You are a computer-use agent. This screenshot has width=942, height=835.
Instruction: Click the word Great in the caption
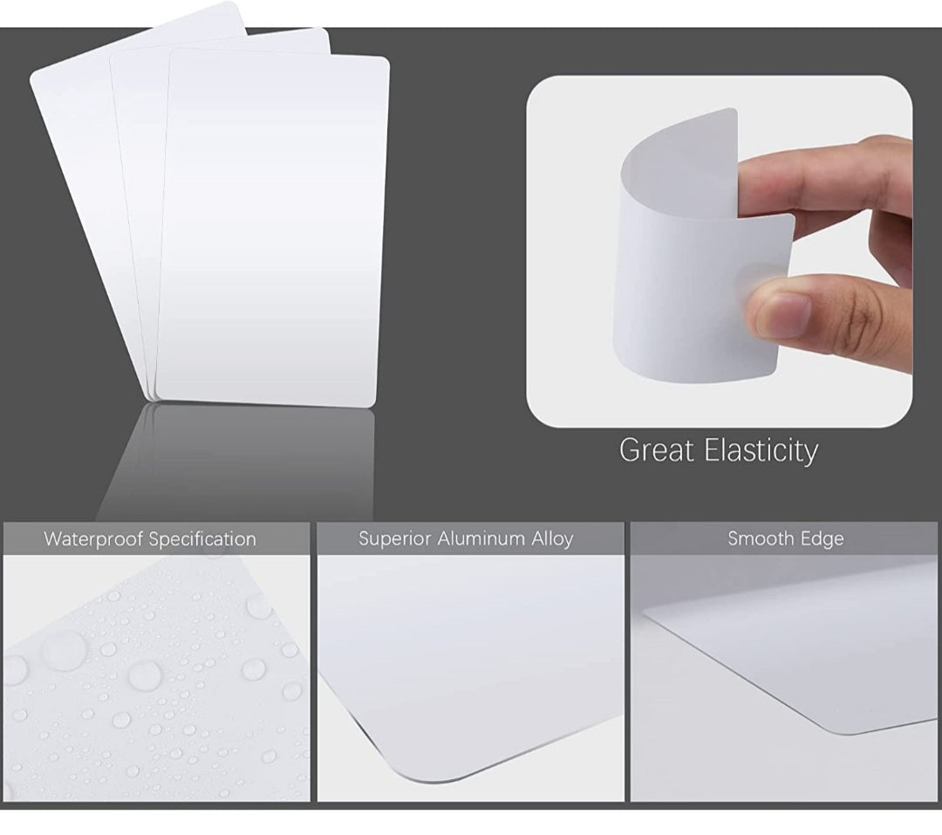pos(653,450)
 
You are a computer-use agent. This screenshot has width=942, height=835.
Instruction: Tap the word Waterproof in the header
pos(94,539)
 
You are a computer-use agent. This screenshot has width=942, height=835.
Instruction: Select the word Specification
pos(202,539)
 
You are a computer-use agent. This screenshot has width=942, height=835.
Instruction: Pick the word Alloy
pos(552,538)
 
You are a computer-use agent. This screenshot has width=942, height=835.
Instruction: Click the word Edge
pos(823,539)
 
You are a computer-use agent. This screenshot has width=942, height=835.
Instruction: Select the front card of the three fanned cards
pos(270,227)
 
